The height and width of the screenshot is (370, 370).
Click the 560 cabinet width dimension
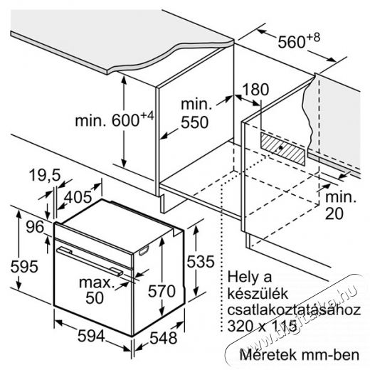[299, 41]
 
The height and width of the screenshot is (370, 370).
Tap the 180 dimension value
[255, 90]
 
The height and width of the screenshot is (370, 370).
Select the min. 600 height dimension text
[115, 120]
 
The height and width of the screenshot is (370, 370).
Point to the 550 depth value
[195, 122]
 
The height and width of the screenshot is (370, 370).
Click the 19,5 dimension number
[45, 176]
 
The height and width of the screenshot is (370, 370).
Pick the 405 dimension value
[78, 197]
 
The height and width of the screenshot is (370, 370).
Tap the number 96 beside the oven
[35, 226]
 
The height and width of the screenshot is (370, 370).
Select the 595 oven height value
[24, 266]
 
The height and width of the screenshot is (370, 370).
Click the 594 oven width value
[91, 336]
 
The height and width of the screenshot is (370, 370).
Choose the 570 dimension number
[162, 291]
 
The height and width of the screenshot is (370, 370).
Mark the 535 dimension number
[201, 261]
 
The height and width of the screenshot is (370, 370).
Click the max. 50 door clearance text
[95, 290]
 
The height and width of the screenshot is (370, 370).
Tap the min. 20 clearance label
[341, 206]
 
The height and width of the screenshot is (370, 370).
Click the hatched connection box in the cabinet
[282, 149]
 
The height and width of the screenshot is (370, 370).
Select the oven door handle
[90, 261]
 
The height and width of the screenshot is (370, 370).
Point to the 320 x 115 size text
[262, 326]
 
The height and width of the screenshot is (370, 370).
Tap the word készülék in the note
[258, 294]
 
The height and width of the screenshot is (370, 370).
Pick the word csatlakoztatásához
[294, 310]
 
